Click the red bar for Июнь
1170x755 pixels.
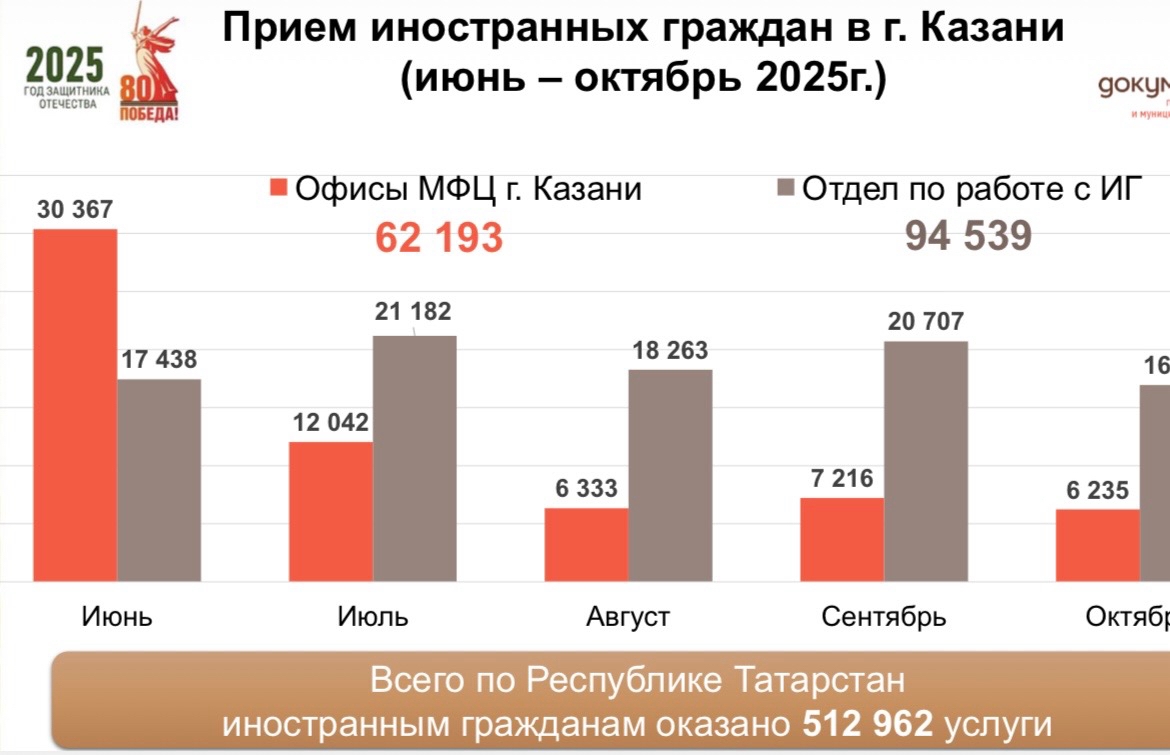[x=75, y=405]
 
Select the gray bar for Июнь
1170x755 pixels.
[x=159, y=480]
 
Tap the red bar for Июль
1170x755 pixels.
[x=331, y=511]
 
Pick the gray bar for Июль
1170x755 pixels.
[x=414, y=458]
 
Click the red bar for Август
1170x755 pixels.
[x=586, y=544]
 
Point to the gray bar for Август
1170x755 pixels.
[x=670, y=475]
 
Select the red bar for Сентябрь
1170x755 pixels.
[x=842, y=539]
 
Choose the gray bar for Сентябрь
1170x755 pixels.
[x=926, y=461]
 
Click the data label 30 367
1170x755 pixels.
[x=75, y=210]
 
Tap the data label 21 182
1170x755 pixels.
[x=413, y=311]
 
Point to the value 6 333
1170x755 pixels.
[x=587, y=489]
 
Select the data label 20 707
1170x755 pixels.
[x=925, y=321]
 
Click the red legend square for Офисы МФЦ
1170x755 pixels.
[x=279, y=189]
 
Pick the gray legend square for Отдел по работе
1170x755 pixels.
[x=786, y=189]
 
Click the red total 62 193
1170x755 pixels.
[x=439, y=238]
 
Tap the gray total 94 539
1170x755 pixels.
[x=968, y=236]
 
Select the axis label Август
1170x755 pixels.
[x=628, y=616]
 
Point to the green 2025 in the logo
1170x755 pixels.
[x=65, y=66]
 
